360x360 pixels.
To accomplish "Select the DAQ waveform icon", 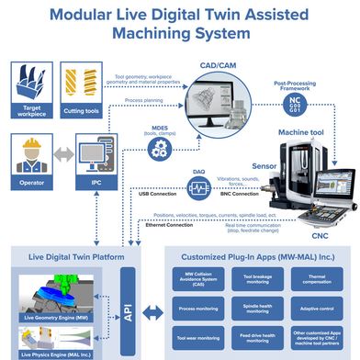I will pyautogui.click(x=198, y=188).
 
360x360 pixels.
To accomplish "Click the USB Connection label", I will pyautogui.click(x=156, y=194).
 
